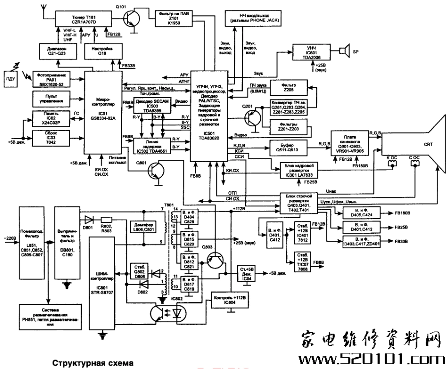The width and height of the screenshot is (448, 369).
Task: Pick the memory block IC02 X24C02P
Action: (x=50, y=117)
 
